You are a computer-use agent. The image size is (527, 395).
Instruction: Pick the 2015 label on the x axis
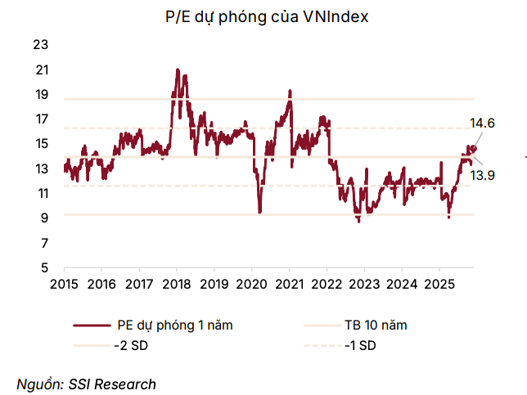pos(64,284)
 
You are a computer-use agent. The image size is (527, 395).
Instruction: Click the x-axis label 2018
pos(176,284)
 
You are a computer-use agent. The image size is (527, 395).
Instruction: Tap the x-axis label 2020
pos(251,284)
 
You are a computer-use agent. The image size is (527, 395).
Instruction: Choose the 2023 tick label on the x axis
pos(363,284)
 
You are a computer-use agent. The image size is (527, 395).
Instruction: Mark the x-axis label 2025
pos(439,284)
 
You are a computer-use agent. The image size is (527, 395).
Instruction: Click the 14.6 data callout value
pos(482,123)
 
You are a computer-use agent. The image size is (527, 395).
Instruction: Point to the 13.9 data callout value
pos(483,175)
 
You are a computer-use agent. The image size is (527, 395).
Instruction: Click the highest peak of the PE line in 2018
pos(177,70)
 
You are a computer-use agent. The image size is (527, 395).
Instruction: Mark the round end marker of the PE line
pos(472,148)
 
